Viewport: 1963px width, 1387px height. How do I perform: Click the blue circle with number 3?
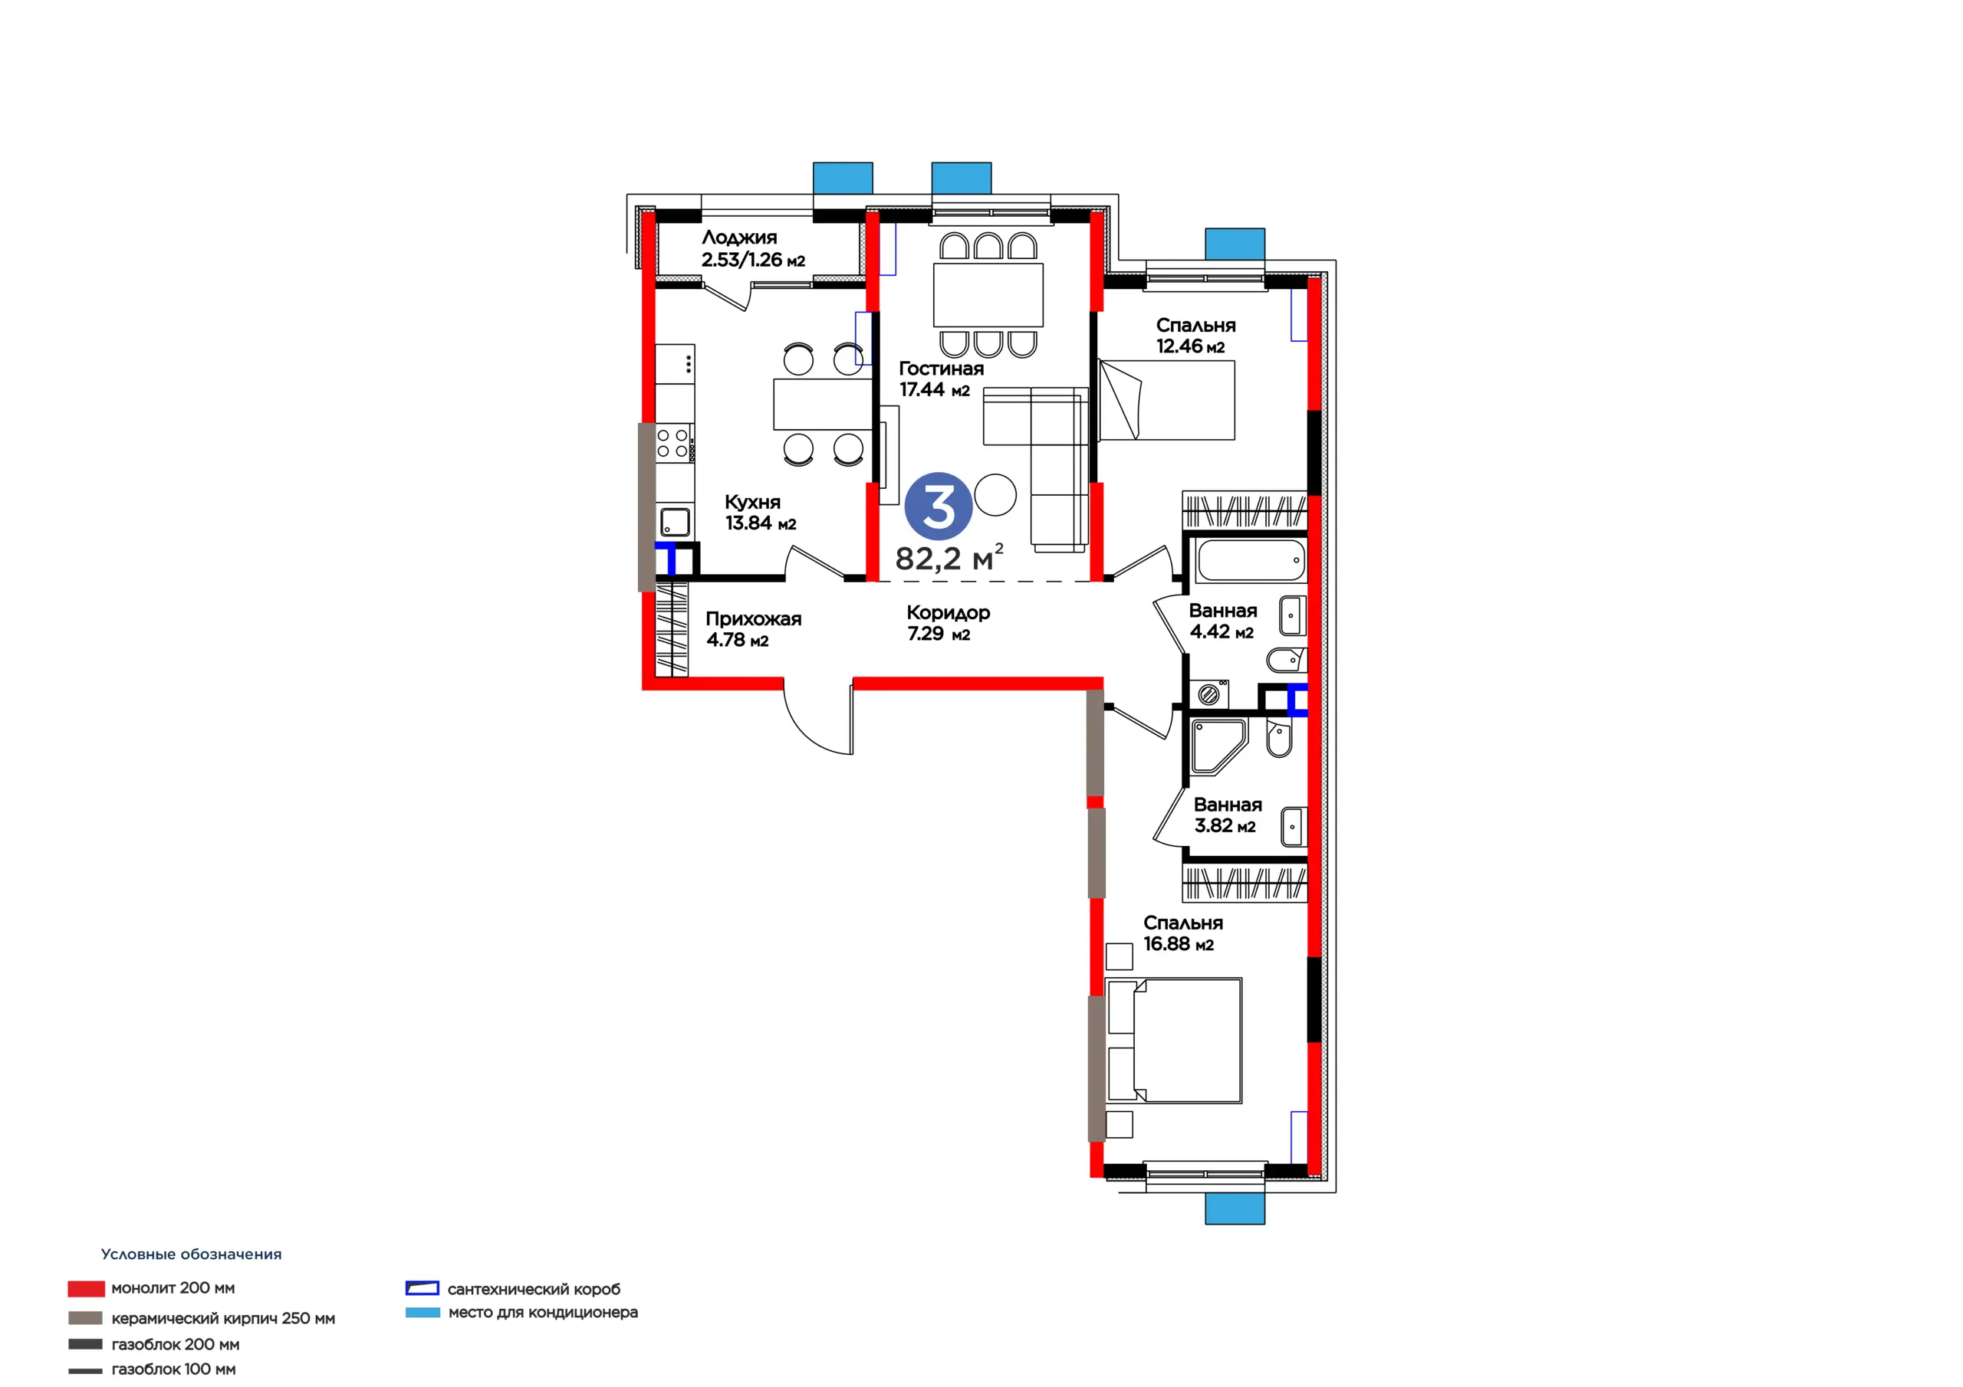click(x=938, y=506)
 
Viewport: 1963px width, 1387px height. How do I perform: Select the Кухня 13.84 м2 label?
click(x=760, y=512)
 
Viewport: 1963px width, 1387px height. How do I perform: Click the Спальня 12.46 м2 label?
click(x=1195, y=335)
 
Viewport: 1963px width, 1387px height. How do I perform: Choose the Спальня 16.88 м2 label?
click(x=1182, y=933)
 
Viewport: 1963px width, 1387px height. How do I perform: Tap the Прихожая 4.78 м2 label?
click(x=753, y=629)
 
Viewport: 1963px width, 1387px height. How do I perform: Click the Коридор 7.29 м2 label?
click(x=949, y=623)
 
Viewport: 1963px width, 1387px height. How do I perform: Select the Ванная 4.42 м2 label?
click(x=1222, y=621)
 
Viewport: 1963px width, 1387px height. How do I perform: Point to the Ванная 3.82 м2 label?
click(x=1227, y=815)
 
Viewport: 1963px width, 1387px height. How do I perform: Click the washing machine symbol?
click(x=1209, y=694)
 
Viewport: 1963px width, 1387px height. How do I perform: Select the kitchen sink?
click(x=675, y=522)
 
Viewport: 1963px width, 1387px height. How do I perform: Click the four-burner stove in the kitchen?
click(x=674, y=443)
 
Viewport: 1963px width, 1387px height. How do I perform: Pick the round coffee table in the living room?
click(x=995, y=495)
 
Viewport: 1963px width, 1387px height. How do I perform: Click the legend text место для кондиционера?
click(x=543, y=1312)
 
